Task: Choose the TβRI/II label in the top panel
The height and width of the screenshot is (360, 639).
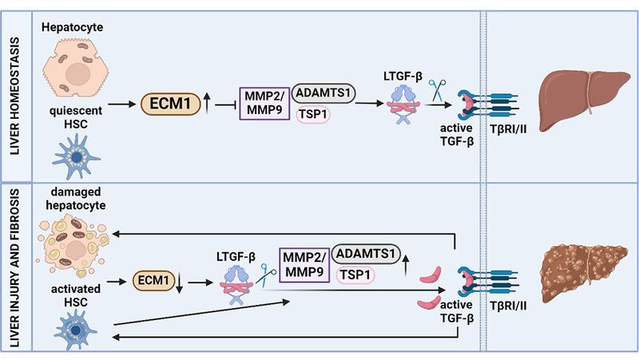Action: [507, 129]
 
